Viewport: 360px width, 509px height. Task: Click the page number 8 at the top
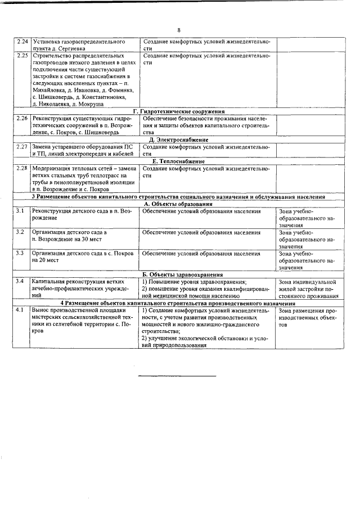pos(178,30)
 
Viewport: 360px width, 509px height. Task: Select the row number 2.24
pos(22,42)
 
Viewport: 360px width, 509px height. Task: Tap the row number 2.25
pos(22,56)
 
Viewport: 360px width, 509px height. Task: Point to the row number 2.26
pos(22,119)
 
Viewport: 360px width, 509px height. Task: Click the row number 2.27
pos(22,146)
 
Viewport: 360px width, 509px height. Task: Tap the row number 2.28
pos(22,168)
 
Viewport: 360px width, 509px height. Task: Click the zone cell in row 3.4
pos(307,288)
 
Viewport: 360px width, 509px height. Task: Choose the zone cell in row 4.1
pos(307,317)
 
